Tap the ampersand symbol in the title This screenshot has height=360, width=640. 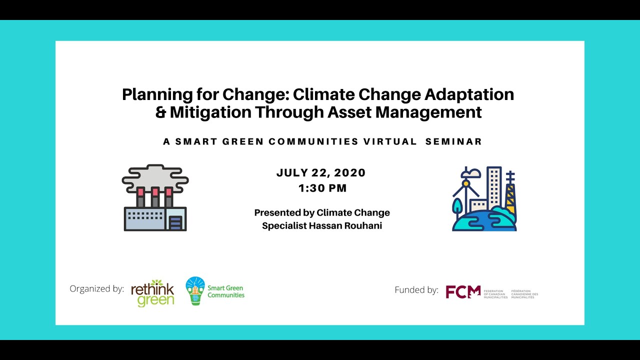point(160,112)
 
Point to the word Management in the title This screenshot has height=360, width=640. point(428,112)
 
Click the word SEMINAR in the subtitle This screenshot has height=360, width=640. point(453,141)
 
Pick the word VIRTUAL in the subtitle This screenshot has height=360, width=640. point(390,141)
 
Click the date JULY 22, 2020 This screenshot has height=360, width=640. point(321,173)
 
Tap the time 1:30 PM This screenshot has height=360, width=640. point(322,188)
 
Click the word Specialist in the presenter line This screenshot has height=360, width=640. point(285,225)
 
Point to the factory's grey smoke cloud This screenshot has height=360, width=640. point(155,176)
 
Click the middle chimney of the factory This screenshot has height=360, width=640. point(155,197)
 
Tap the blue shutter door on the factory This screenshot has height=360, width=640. point(175,222)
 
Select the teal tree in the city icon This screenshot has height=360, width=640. point(457,206)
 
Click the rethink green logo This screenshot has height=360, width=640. point(152,292)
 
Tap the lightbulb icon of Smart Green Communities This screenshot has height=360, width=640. point(195,290)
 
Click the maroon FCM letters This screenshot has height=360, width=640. point(462,291)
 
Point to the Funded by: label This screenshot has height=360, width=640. point(416,290)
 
